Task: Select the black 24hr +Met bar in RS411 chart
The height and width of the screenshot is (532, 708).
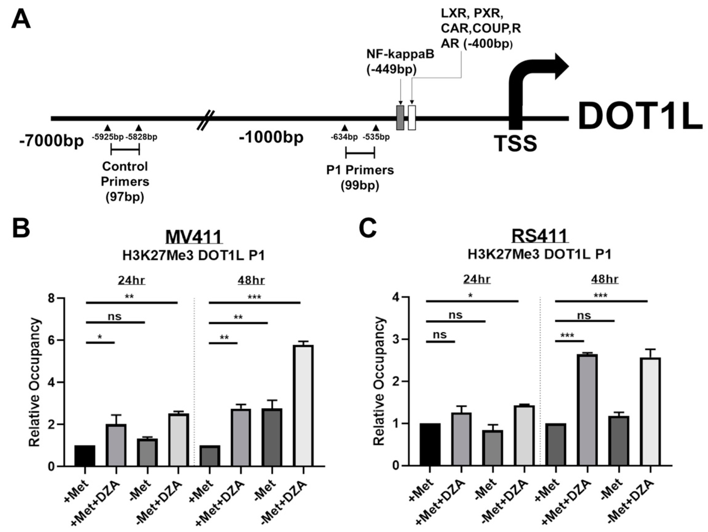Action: pyautogui.click(x=430, y=444)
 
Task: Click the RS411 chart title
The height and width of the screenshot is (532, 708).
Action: pyautogui.click(x=540, y=236)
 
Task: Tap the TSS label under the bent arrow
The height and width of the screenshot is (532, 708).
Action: pyautogui.click(x=515, y=143)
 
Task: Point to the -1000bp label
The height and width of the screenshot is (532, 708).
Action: pyautogui.click(x=271, y=138)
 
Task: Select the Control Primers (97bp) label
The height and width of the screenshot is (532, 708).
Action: pyautogui.click(x=125, y=181)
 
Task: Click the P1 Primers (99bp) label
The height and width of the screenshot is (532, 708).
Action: pyautogui.click(x=360, y=178)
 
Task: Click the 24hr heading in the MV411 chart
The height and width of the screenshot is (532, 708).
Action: pyautogui.click(x=132, y=280)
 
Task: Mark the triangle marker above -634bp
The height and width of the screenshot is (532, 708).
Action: pyautogui.click(x=344, y=128)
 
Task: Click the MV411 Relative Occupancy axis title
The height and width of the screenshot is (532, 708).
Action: pyautogui.click(x=35, y=382)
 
